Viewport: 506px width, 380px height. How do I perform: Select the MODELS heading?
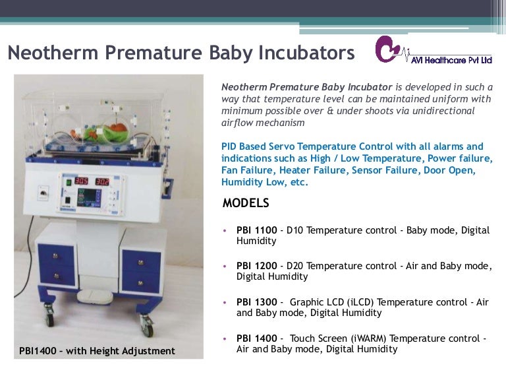[246, 203]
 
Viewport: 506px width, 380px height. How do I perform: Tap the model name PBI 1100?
[256, 231]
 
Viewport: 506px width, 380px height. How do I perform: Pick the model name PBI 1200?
[256, 267]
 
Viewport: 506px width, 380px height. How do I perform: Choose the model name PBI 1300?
[256, 302]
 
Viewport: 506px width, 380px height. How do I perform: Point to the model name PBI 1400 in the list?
[256, 338]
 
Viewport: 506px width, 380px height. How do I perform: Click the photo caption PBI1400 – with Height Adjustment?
[98, 351]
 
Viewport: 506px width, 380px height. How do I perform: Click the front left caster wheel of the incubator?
[49, 319]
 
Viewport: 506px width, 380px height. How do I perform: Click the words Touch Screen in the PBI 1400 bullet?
[314, 338]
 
